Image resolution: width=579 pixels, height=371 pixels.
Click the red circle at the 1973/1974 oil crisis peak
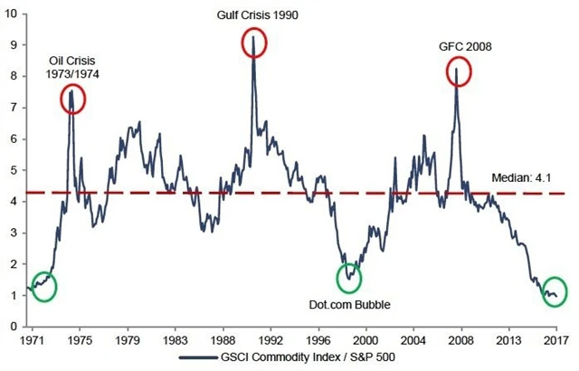tap(72, 99)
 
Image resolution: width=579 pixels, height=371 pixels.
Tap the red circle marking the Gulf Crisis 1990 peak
tap(254, 43)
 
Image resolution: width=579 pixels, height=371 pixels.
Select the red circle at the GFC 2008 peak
tap(458, 72)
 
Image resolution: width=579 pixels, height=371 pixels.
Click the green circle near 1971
tap(42, 286)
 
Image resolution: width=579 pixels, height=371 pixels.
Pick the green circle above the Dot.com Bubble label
tap(348, 278)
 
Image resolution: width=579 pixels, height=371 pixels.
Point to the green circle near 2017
tap(554, 291)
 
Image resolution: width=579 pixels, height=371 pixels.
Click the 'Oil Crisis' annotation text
tap(71, 62)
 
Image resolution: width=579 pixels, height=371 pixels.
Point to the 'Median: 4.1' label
tap(517, 179)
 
